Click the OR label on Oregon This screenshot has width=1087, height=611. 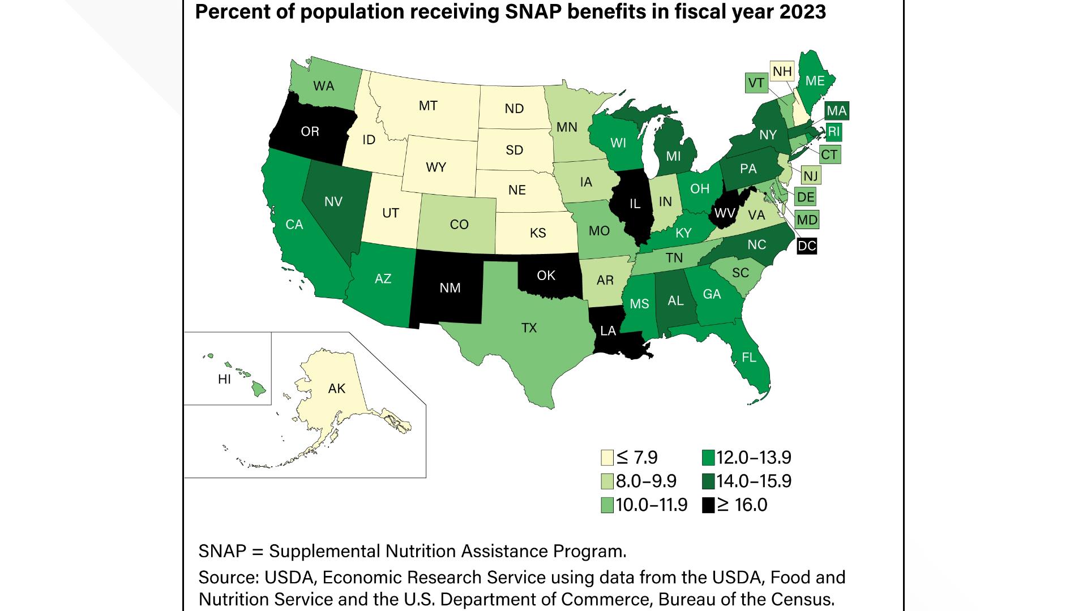coord(310,131)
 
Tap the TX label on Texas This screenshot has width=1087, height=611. coord(529,328)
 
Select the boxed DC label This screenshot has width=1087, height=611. coord(807,246)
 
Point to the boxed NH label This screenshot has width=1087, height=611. coord(782,72)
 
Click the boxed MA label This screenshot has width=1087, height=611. coord(836,111)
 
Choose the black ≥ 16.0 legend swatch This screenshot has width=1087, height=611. coord(708,505)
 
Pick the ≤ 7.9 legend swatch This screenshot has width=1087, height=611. coord(607,457)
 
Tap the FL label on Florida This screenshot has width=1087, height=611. coord(748,357)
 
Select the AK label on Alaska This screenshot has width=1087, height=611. coord(337,388)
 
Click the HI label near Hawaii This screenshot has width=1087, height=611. coord(224,379)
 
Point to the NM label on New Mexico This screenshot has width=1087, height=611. coord(450,288)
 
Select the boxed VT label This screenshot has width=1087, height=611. coord(756,83)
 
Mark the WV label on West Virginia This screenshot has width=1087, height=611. coord(725,213)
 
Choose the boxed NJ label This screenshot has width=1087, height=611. coord(810,176)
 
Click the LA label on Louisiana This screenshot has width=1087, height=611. coord(608,331)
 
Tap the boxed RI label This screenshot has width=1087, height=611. coord(834,132)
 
